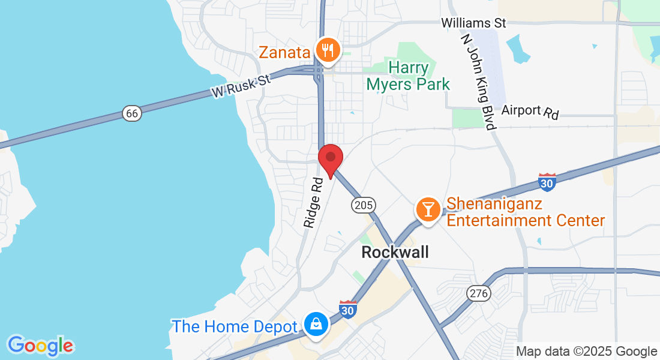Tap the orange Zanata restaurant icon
point(327,50)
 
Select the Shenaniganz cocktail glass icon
point(428,209)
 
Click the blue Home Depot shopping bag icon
point(315,325)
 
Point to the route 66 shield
point(131,113)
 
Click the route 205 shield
point(362,205)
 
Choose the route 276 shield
point(479,293)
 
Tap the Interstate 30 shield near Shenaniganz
point(547,182)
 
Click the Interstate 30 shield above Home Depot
point(348,308)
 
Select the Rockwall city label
point(395,252)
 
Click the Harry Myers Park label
point(408,75)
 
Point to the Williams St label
point(473,23)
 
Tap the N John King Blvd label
point(478,82)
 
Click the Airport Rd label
point(530,111)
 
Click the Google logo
point(40,345)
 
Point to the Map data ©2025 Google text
point(586,352)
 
